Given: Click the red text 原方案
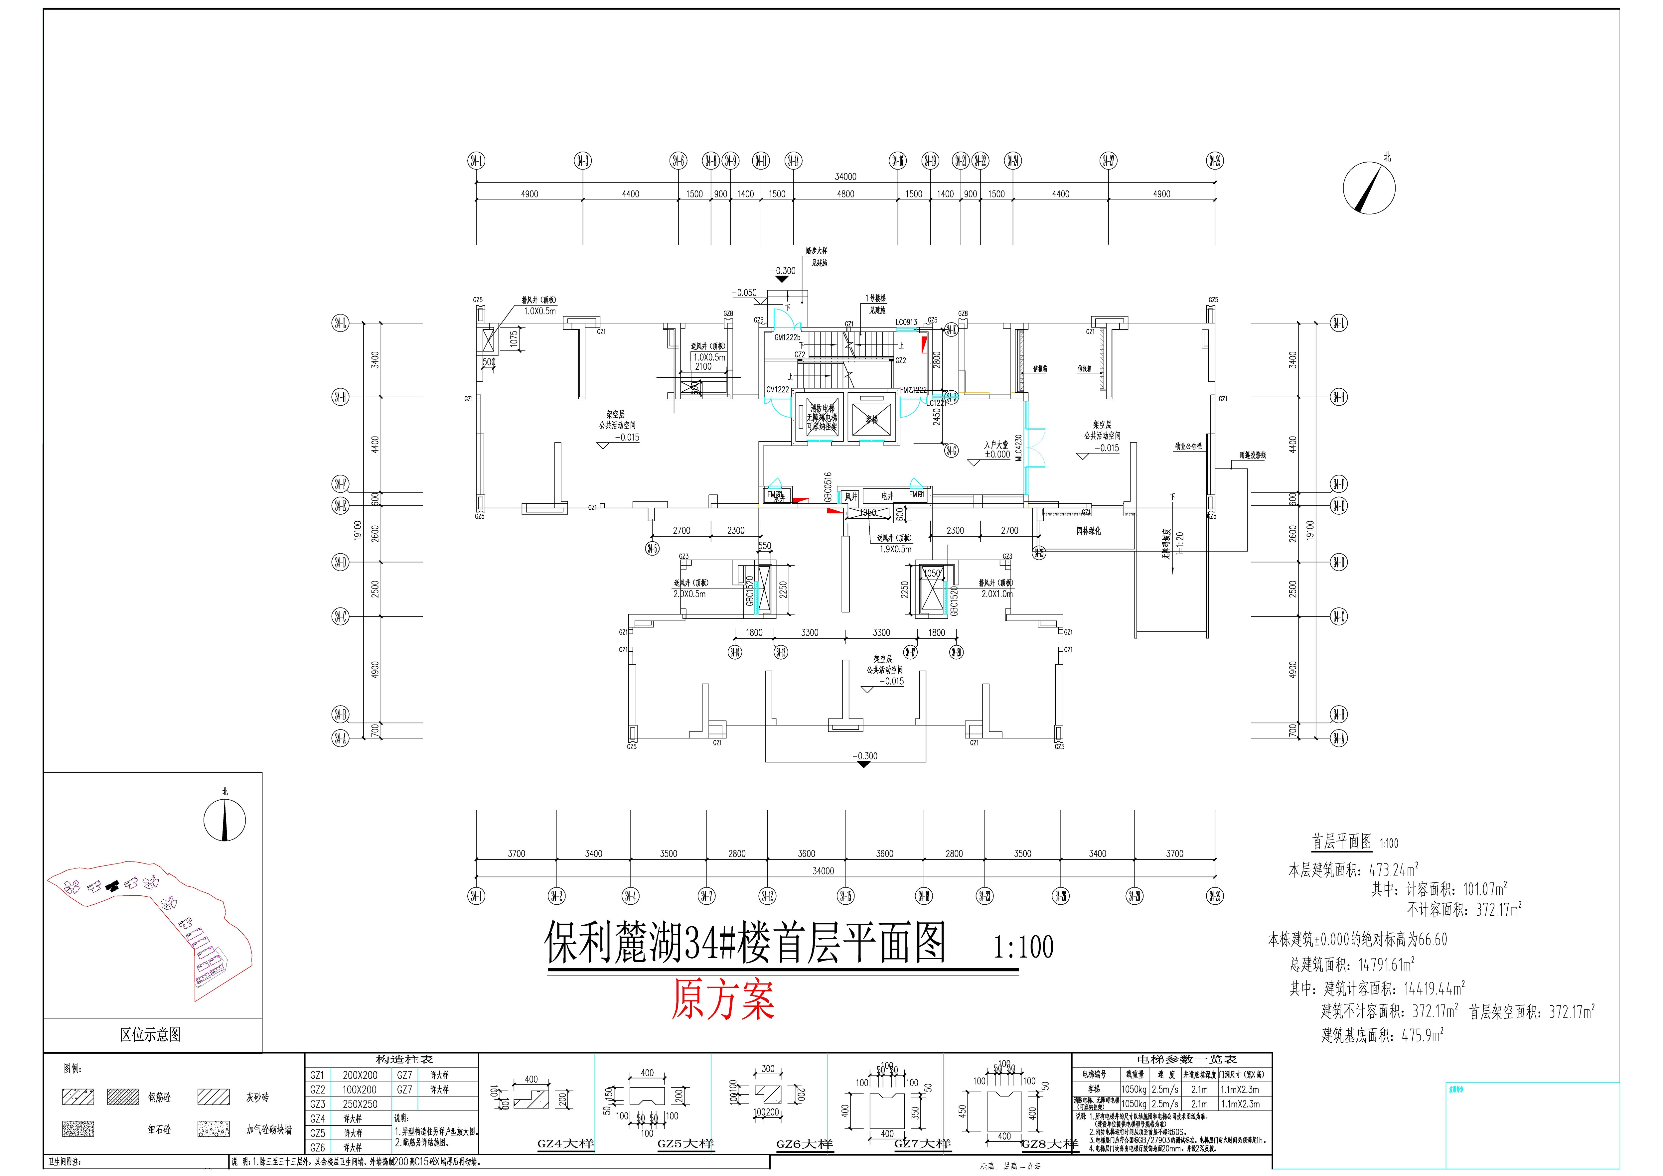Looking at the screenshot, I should (723, 1000).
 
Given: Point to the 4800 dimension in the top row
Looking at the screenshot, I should (845, 194).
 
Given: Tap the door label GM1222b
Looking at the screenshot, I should (787, 337).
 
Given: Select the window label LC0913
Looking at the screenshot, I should (906, 322).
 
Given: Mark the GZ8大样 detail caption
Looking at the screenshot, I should (1049, 1145).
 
